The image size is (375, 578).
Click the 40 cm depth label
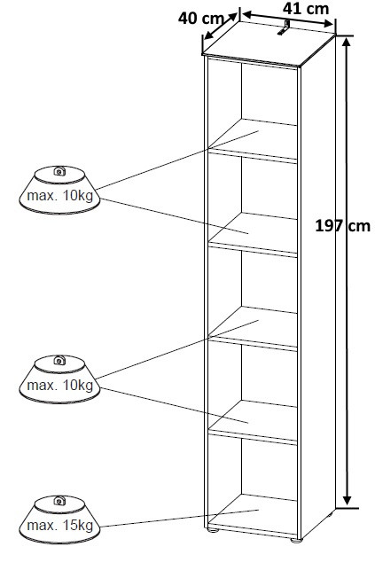[201, 18]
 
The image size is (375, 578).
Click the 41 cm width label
[306, 9]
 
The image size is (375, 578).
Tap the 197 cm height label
[342, 225]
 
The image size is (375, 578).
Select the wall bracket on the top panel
[283, 27]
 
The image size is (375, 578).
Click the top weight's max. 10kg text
[59, 195]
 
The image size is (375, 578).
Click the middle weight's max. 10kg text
[59, 386]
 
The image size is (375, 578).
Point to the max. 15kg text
[59, 526]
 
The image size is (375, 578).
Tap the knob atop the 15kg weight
[59, 501]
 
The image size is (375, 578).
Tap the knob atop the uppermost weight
[59, 171]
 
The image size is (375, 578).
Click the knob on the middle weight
[59, 361]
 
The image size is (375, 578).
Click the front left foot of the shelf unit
[212, 530]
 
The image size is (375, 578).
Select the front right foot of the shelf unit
[296, 541]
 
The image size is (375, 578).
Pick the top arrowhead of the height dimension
[346, 43]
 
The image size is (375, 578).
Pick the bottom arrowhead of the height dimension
[347, 500]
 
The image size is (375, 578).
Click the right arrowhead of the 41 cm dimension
[328, 24]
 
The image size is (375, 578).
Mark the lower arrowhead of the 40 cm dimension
[208, 35]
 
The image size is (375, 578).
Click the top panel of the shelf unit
[269, 43]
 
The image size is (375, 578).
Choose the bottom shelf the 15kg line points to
[253, 513]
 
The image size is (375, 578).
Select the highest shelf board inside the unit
[253, 139]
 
